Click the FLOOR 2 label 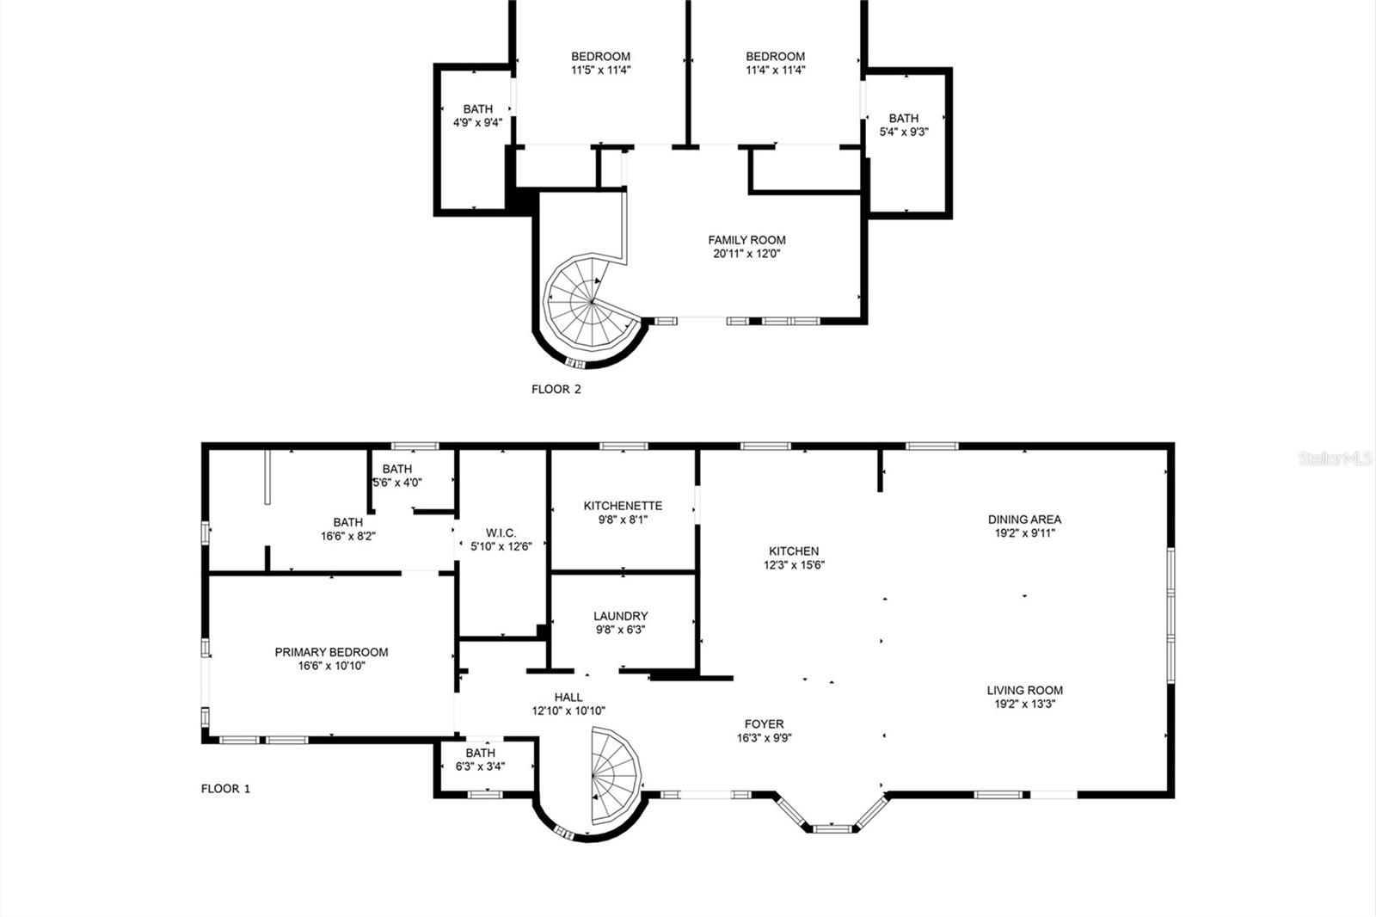(x=556, y=389)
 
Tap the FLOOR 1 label (x=225, y=788)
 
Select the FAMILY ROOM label (x=746, y=240)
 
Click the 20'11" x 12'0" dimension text (x=746, y=254)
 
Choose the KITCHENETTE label (x=623, y=506)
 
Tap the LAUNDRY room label (x=620, y=616)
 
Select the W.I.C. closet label (x=501, y=533)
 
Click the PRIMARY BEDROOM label (x=331, y=652)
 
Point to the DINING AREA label (x=1024, y=520)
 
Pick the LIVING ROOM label (x=1024, y=690)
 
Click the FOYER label (x=764, y=724)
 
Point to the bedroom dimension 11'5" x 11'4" (x=600, y=71)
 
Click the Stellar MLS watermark (x=1336, y=459)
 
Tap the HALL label (x=568, y=697)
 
